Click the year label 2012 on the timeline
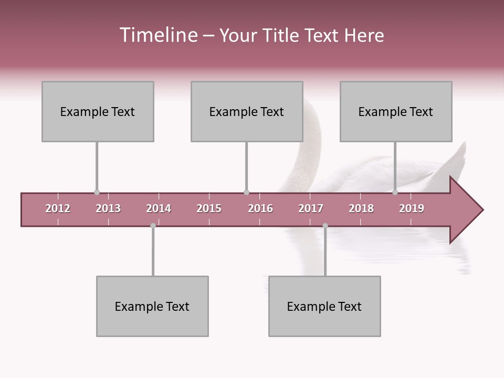pos(58,208)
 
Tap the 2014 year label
pos(159,208)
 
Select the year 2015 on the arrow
pos(209,208)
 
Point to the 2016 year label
pos(260,208)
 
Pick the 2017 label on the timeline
pos(311,208)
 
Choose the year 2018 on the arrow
pos(361,208)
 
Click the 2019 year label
pos(412,208)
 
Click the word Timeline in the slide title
pos(157,35)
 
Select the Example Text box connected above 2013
pos(98,111)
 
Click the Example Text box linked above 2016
pos(247,111)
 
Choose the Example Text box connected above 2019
pos(396,111)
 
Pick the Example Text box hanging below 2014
pos(152,306)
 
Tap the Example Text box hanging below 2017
pos(324,306)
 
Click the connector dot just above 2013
pos(97,193)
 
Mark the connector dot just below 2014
pos(153,226)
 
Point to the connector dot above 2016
pos(246,193)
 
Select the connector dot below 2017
pos(325,226)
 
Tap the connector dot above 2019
pos(395,193)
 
